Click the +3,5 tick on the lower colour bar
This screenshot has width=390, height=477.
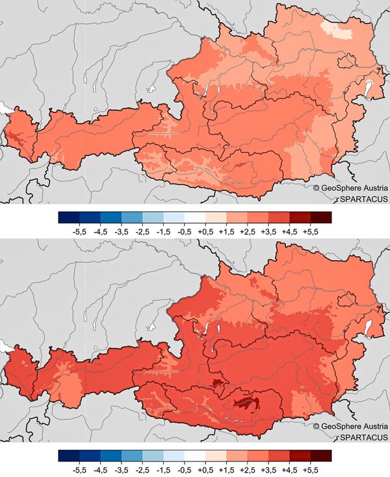point(268,467)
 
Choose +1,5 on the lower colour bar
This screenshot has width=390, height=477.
point(226,467)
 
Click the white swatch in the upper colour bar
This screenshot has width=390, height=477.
point(195,217)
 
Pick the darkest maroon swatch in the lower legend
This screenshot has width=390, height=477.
point(320,455)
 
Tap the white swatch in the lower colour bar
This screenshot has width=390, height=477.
point(195,455)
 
